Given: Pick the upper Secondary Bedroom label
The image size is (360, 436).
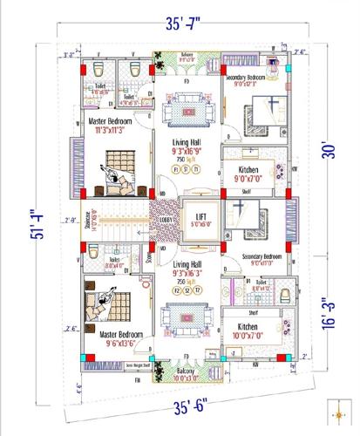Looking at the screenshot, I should click(253, 80).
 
